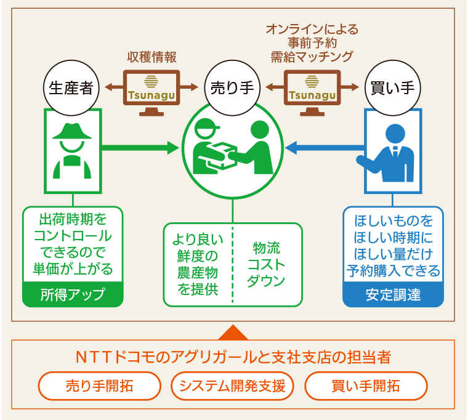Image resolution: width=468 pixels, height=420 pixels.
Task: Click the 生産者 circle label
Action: tap(71, 88)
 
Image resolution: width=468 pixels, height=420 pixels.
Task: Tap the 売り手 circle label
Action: tap(232, 88)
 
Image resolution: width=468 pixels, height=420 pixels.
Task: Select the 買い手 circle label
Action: tap(393, 88)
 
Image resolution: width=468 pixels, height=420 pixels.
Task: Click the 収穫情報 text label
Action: tap(151, 57)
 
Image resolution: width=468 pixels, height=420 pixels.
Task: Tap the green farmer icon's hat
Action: tap(72, 131)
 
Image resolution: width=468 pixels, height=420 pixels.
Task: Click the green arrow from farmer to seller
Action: tap(140, 147)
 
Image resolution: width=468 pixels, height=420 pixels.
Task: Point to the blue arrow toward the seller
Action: tap(325, 147)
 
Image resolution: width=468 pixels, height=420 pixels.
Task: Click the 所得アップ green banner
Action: tap(73, 294)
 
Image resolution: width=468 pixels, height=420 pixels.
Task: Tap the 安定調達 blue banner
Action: tap(393, 294)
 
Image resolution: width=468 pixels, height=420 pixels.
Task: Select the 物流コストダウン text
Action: tap(266, 264)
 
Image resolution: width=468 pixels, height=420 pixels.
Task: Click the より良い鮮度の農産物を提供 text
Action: tap(198, 264)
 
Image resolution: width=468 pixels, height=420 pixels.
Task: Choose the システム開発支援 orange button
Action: tap(232, 386)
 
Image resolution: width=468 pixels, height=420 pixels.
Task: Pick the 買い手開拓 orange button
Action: tap(366, 386)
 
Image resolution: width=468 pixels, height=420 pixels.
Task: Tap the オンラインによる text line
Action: tap(312, 30)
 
